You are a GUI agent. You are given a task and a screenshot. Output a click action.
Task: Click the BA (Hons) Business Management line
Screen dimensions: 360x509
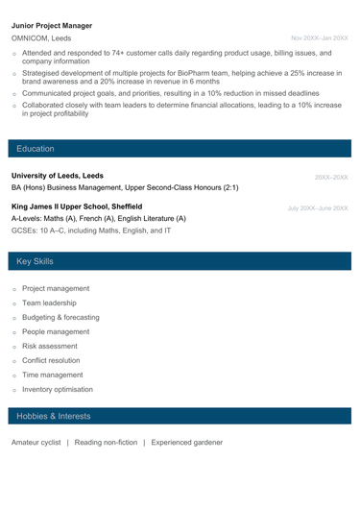tap(125, 189)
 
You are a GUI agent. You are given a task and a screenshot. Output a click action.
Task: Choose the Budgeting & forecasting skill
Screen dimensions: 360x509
tap(67, 317)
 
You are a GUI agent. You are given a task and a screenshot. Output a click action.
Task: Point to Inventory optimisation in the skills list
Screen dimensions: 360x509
tap(64, 390)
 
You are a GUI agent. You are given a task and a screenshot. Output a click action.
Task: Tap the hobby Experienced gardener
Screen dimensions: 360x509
tap(187, 443)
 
